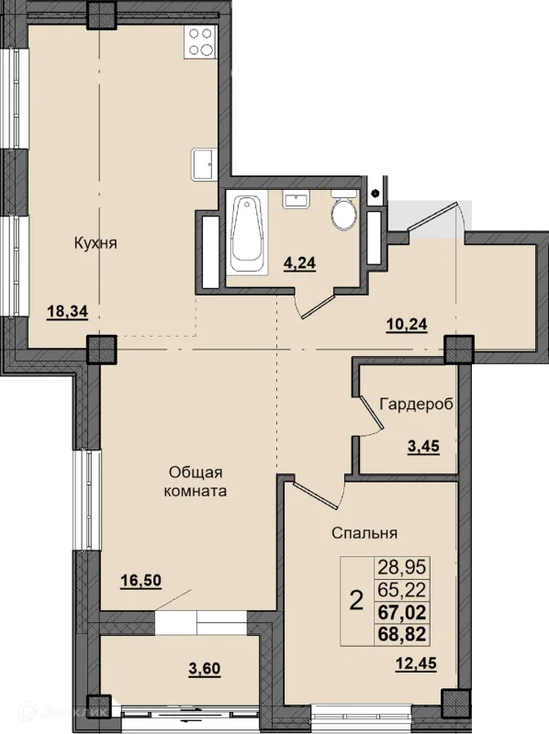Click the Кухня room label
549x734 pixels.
coord(95,243)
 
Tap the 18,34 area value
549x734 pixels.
coord(67,311)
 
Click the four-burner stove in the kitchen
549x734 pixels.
coord(200,41)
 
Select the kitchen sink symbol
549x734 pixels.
coord(204,164)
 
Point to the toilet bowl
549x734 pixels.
coord(344,211)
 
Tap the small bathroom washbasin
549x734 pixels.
coord(296,199)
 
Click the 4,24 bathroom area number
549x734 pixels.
coord(300,263)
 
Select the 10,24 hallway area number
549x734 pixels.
coord(407,324)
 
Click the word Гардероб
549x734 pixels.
coord(417,404)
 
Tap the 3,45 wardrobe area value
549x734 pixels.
coord(423,446)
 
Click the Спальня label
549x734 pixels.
coord(364,533)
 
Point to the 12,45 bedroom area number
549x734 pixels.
coord(416,663)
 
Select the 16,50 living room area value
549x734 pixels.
coord(141,581)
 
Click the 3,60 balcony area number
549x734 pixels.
coord(204,669)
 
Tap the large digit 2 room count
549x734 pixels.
coord(357,601)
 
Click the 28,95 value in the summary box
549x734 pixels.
coord(402,567)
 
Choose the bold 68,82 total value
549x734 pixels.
coord(402,635)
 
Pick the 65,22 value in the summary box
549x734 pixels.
coord(402,590)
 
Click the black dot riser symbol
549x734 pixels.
coord(375,193)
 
